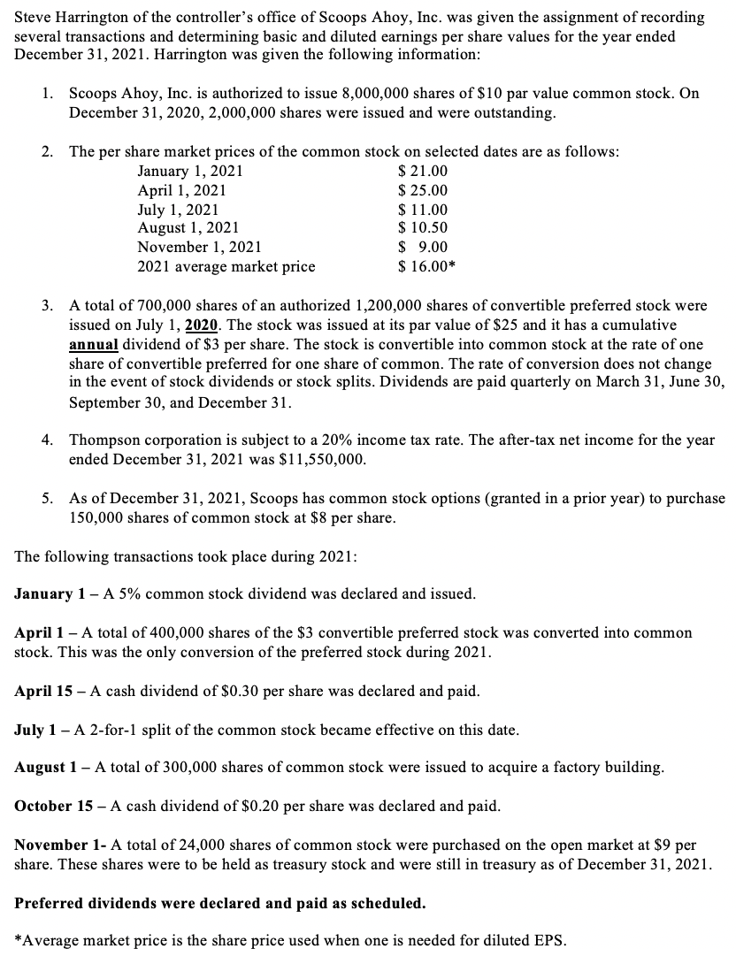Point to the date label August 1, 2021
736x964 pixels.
click(188, 228)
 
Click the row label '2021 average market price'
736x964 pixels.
click(226, 266)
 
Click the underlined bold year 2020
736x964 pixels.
click(203, 325)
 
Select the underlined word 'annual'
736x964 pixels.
click(93, 344)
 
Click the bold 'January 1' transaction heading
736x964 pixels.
click(50, 593)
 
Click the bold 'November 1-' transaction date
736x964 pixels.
click(57, 845)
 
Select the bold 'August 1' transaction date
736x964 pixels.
click(49, 767)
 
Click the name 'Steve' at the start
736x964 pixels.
click(33, 17)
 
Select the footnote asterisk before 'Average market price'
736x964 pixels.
click(19, 940)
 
